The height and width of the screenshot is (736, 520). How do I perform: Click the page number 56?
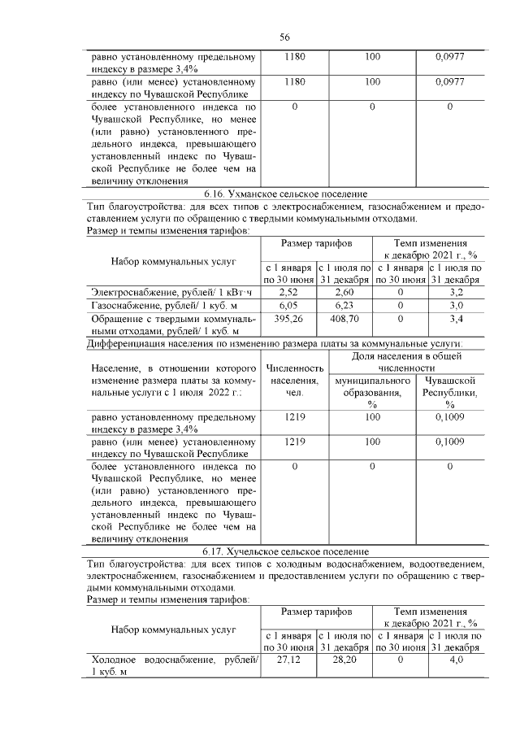(285, 37)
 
